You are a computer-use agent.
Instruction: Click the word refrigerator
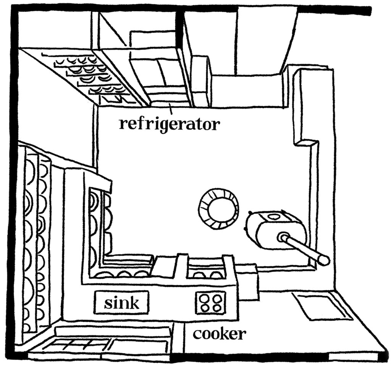[169, 125]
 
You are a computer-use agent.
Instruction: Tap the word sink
[121, 304]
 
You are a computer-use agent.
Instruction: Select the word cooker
[218, 334]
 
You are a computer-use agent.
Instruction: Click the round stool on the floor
[218, 209]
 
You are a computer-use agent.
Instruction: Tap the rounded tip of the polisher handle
[324, 261]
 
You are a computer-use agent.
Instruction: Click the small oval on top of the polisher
[274, 217]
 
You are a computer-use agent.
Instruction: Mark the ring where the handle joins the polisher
[283, 237]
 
